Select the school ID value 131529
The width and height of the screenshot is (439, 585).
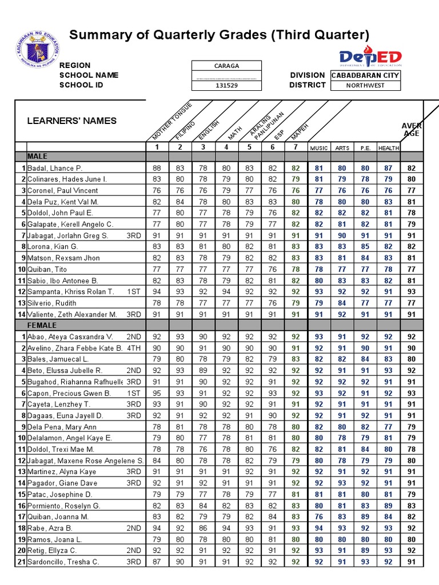click(x=226, y=85)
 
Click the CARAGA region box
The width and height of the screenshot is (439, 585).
click(x=226, y=66)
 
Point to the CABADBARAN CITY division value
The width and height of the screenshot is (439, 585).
click(x=365, y=75)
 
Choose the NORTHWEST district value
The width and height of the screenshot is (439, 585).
click(x=365, y=85)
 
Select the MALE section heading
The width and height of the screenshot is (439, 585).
click(x=38, y=157)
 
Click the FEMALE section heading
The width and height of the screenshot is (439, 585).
click(x=42, y=325)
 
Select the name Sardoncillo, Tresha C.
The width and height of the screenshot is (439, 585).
click(x=63, y=562)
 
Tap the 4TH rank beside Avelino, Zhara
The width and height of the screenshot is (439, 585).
click(x=133, y=348)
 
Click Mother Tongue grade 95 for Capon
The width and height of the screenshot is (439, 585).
click(x=157, y=393)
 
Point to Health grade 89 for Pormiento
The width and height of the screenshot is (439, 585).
click(x=388, y=506)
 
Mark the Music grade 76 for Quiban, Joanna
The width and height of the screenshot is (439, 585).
click(x=318, y=516)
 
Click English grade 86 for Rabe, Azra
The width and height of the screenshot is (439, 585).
click(x=203, y=528)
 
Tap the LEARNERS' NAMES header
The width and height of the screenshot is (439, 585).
click(x=72, y=121)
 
